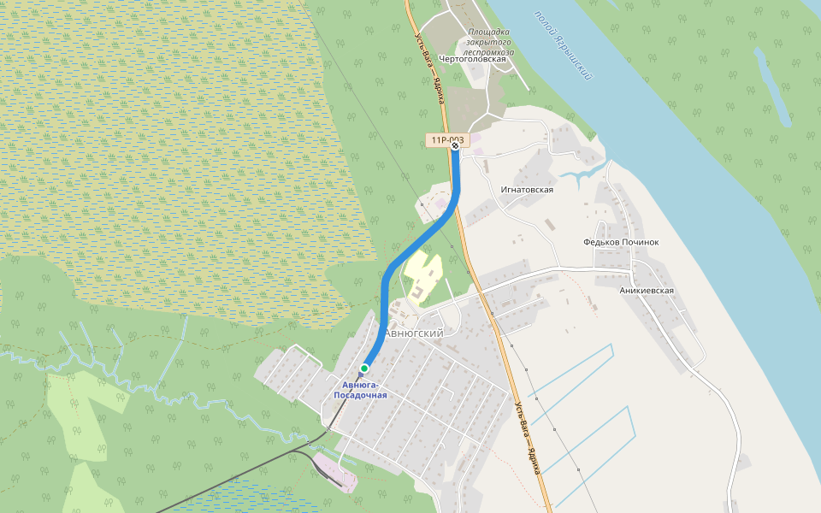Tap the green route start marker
[x=364, y=369]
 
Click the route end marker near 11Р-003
[x=456, y=146]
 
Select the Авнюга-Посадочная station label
[x=360, y=391]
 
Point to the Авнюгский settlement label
[x=414, y=333]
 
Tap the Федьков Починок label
[x=621, y=242]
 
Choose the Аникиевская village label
[x=647, y=291]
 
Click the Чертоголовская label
[x=478, y=59]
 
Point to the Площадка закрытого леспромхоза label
[x=490, y=42]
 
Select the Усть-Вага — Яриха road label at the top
[x=429, y=68]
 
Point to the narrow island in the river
[x=772, y=85]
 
